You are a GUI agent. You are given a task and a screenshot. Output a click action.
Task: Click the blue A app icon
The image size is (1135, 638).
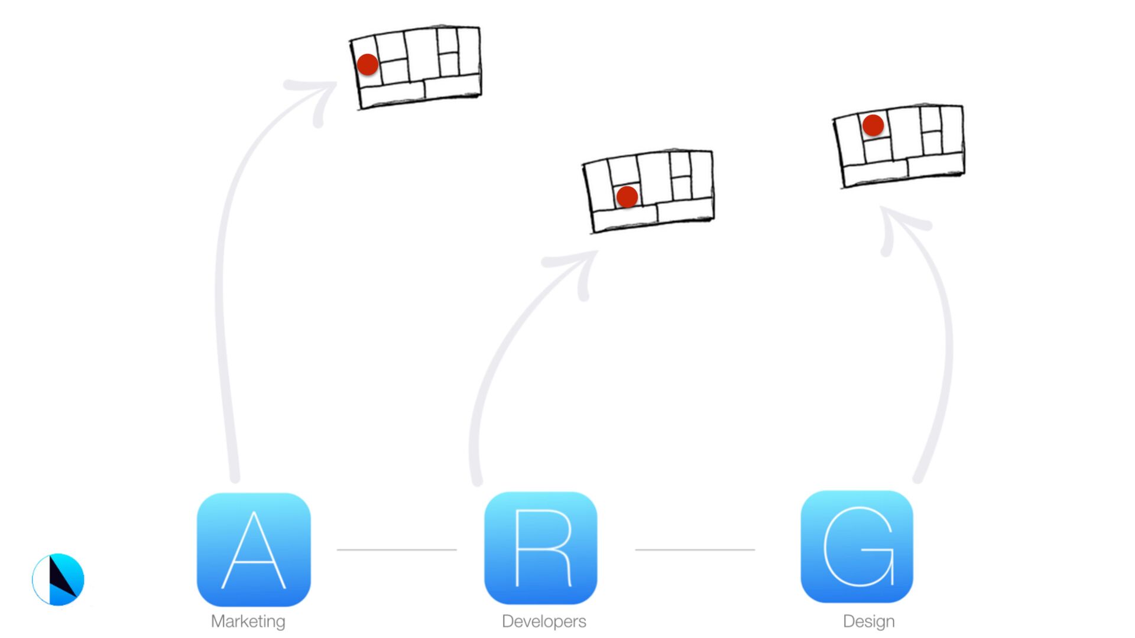tap(254, 549)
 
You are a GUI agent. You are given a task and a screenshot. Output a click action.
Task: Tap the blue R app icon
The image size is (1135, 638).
tap(540, 548)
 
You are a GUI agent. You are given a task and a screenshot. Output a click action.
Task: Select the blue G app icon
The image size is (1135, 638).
tap(857, 546)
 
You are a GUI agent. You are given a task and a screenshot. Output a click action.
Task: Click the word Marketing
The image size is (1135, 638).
tap(248, 621)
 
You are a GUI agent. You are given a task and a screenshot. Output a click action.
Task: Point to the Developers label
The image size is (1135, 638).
tap(544, 621)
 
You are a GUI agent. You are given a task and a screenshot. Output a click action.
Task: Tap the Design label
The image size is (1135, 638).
tap(868, 621)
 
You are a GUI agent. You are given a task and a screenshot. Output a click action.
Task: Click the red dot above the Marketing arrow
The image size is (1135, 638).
tap(368, 64)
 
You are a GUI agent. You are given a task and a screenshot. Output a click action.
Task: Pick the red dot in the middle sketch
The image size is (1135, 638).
tap(627, 197)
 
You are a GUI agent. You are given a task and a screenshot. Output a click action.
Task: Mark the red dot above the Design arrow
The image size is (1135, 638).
tap(873, 125)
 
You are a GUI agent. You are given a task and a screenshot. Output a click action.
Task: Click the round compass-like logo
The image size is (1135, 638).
tap(58, 580)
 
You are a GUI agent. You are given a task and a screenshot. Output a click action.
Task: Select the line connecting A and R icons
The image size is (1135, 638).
tap(396, 549)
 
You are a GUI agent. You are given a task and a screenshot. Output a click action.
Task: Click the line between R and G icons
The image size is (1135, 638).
tap(695, 549)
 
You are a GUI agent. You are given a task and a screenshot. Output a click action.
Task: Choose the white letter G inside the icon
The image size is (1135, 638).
tap(858, 546)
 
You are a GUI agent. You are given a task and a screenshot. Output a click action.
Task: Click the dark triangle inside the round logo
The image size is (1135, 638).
tap(61, 576)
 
